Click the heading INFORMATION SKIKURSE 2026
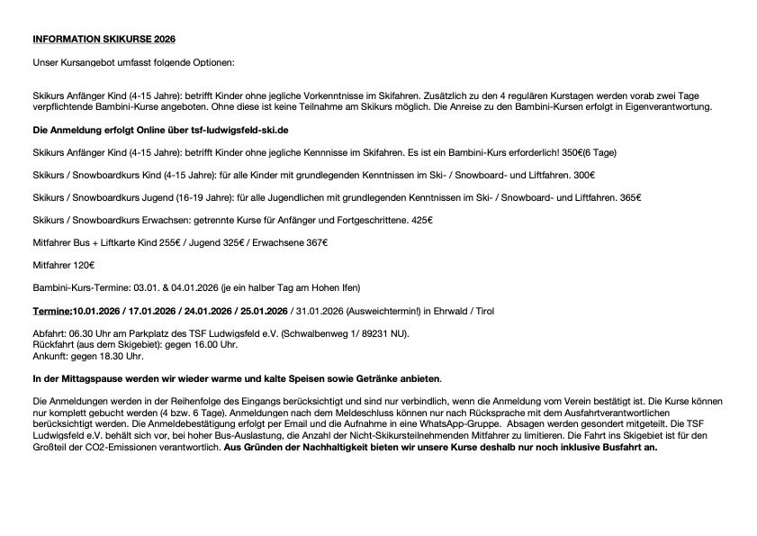104,40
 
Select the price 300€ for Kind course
583,175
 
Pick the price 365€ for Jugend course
631,197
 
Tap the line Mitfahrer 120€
63,265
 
